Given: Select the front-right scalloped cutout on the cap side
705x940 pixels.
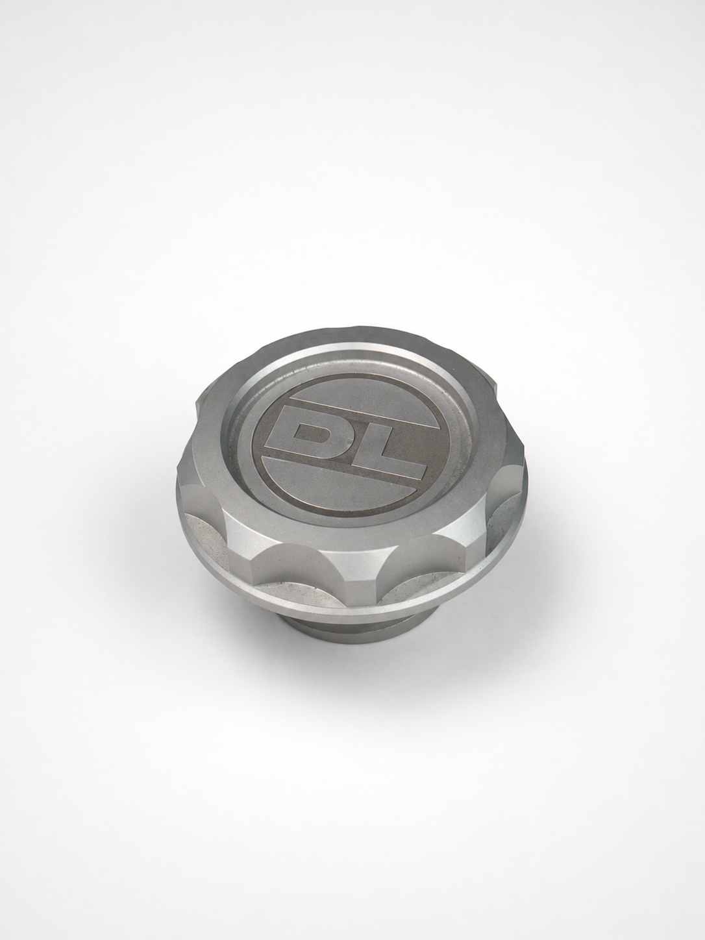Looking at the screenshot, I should [415, 571].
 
